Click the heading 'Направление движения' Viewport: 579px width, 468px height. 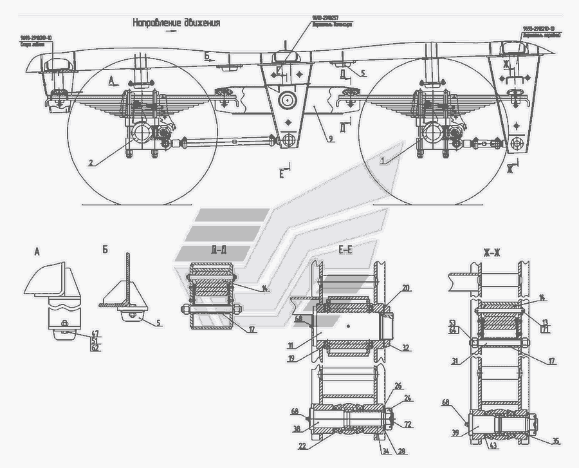point(176,23)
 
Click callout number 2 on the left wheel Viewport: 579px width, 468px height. point(91,163)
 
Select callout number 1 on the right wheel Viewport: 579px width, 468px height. point(384,161)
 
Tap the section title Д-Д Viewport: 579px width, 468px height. point(218,250)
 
